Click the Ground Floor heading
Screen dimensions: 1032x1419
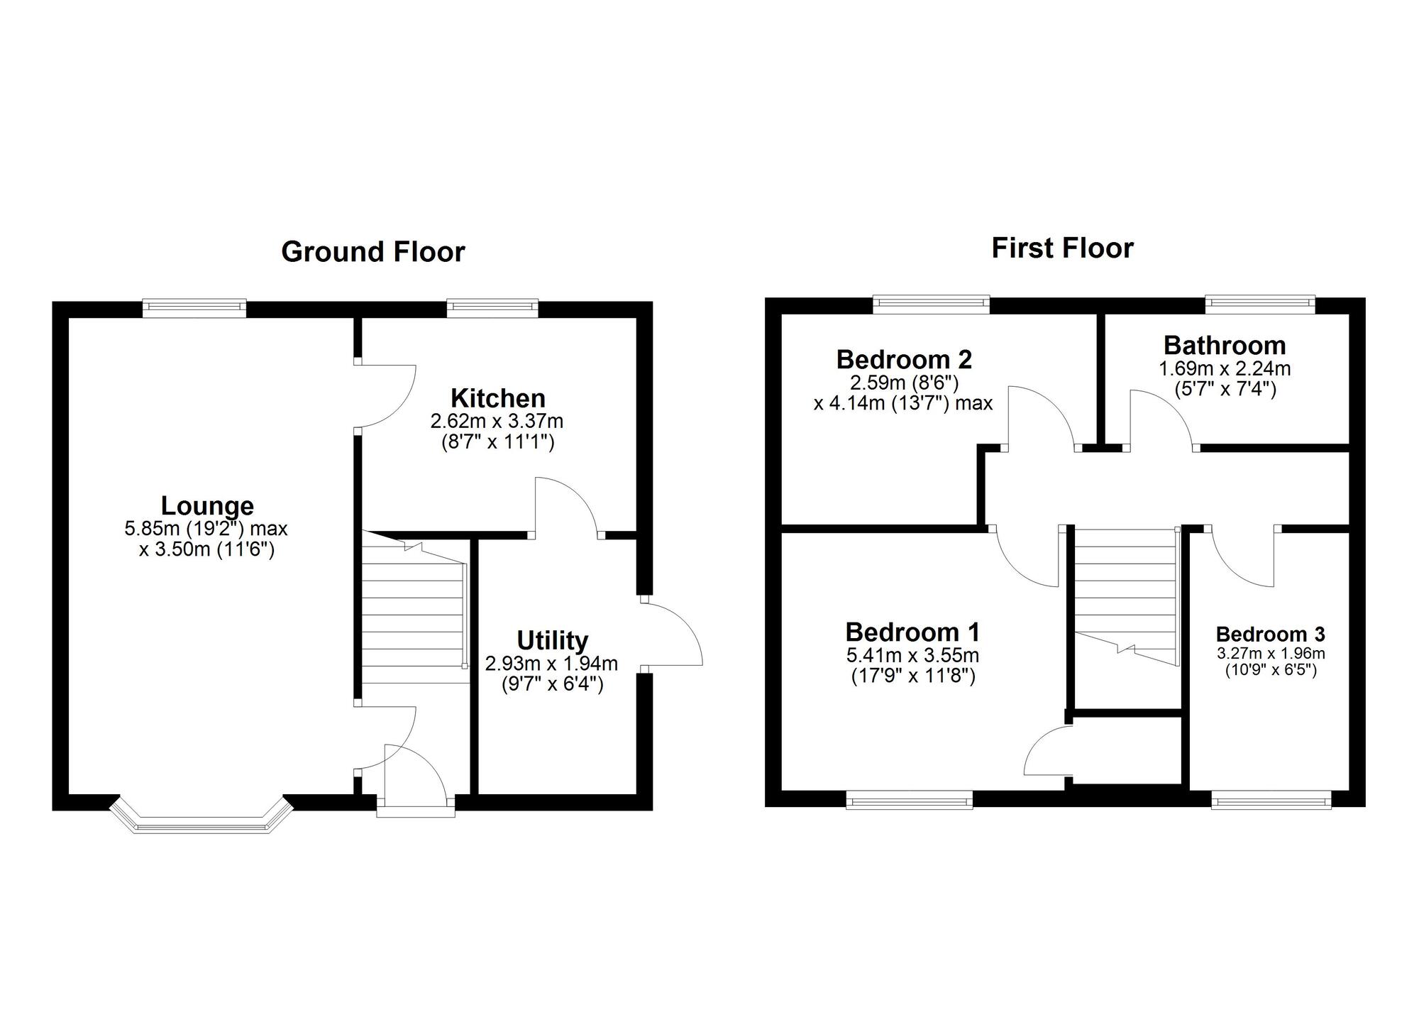coord(373,252)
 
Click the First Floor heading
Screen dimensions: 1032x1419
coord(1062,248)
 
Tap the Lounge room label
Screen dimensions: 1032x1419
coord(207,506)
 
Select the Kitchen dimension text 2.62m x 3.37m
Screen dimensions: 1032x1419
coord(497,422)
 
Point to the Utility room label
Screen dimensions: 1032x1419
coord(552,640)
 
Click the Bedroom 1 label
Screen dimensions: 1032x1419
coord(912,632)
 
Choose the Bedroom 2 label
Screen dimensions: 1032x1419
coord(903,359)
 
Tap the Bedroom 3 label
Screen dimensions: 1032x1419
coord(1270,634)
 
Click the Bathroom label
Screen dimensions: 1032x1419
coord(1225,346)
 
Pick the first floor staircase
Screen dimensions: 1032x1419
coord(1125,596)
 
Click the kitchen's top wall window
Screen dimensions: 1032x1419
coord(492,307)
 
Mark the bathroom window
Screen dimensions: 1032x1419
coord(1260,303)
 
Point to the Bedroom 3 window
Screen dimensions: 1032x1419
coord(1271,802)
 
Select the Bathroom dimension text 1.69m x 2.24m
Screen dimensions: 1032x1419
coord(1225,369)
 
